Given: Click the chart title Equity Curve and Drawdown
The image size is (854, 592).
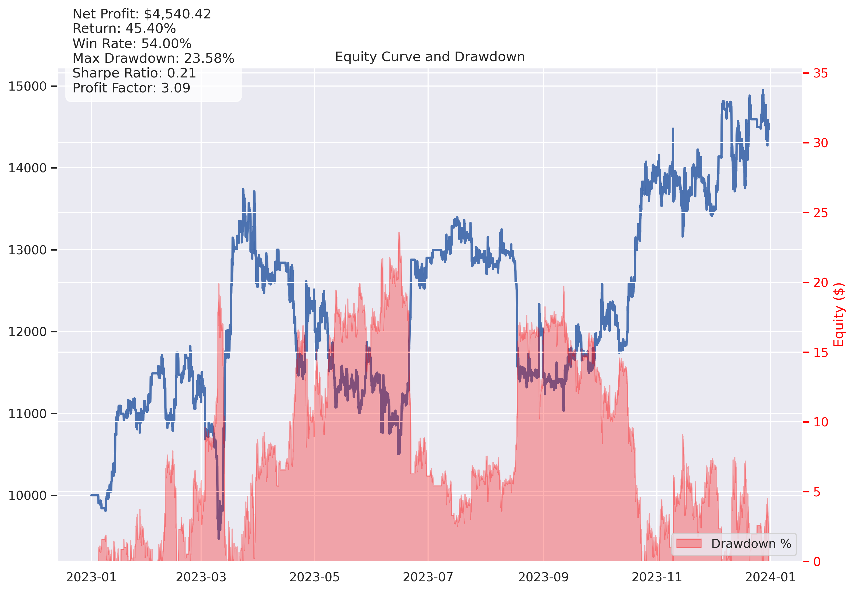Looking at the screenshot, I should coord(429,57).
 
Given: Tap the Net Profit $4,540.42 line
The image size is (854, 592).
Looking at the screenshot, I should coord(142,14).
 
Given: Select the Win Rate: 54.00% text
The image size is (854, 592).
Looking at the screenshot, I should coord(132,44).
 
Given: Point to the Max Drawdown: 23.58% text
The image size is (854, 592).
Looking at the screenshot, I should coord(153,59).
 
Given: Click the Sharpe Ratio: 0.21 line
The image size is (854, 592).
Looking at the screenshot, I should coord(134,73).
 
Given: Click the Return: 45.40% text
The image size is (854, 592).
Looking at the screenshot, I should coord(124,29).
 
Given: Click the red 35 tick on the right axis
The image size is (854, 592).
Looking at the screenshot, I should coord(820,73).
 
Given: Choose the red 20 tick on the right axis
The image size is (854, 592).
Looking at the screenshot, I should coord(820,283).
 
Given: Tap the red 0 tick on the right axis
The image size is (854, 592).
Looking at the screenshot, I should coord(817,562).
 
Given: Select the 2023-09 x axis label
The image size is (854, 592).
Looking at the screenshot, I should coord(543,577).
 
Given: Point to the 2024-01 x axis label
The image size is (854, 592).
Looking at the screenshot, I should coord(770,577).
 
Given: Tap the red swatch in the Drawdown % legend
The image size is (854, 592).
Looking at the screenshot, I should coord(689,544).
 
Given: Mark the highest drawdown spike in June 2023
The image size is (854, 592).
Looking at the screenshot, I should coord(399,233).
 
